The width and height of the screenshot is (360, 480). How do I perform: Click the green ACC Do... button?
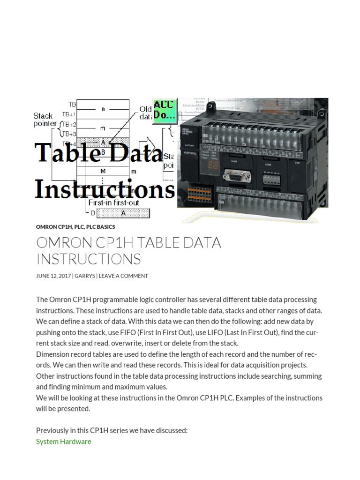pyautogui.click(x=163, y=111)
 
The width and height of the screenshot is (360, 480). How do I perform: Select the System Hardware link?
pyautogui.click(x=63, y=442)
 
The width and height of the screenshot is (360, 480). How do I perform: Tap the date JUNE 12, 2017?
pyautogui.click(x=53, y=276)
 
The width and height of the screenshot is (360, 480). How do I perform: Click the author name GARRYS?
pyautogui.click(x=85, y=276)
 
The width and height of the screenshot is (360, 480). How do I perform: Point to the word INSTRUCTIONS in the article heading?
pyautogui.click(x=88, y=259)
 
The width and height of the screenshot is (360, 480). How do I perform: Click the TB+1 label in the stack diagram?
pyautogui.click(x=68, y=114)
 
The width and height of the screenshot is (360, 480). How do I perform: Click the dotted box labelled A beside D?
pyautogui.click(x=123, y=213)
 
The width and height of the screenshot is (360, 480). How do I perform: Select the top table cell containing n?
pyautogui.click(x=103, y=109)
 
